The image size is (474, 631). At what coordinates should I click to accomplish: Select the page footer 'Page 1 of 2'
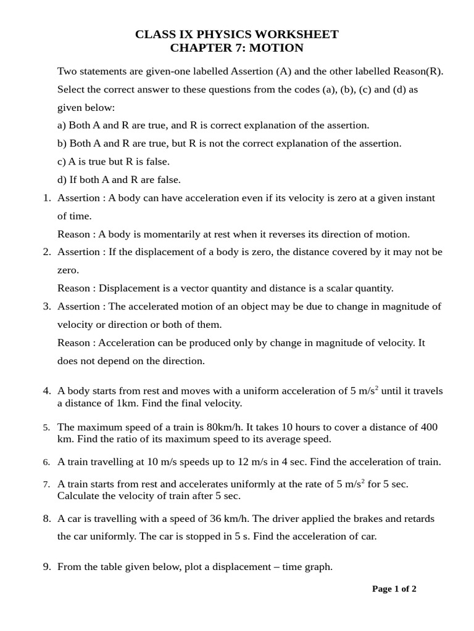coord(394,589)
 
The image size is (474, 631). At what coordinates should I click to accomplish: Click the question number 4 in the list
coord(46,391)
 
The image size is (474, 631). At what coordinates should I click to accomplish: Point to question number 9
coord(46,566)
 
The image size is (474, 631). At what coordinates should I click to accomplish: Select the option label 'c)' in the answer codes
coord(61,161)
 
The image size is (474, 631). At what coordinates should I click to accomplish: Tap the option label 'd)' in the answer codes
coord(62,180)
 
